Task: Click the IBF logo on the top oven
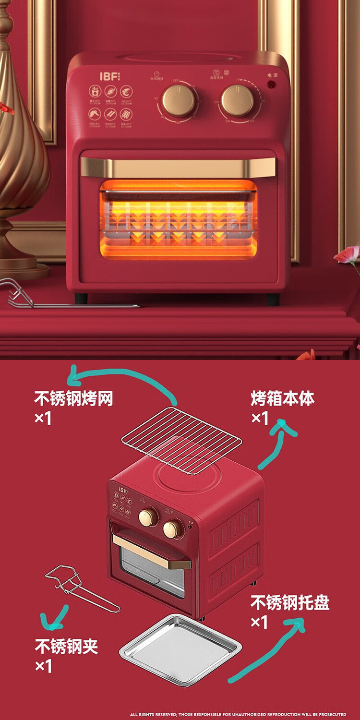pyautogui.click(x=108, y=76)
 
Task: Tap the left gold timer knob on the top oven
pyautogui.click(x=179, y=101)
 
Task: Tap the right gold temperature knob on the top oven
pyautogui.click(x=237, y=101)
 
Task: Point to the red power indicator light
pyautogui.click(x=271, y=84)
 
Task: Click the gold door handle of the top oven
pyautogui.click(x=178, y=168)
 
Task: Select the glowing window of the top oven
pyautogui.click(x=178, y=219)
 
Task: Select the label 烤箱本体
pyautogui.click(x=283, y=398)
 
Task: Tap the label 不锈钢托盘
pyautogui.click(x=290, y=603)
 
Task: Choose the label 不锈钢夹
pyautogui.click(x=66, y=646)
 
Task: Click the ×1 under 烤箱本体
pyautogui.click(x=260, y=418)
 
